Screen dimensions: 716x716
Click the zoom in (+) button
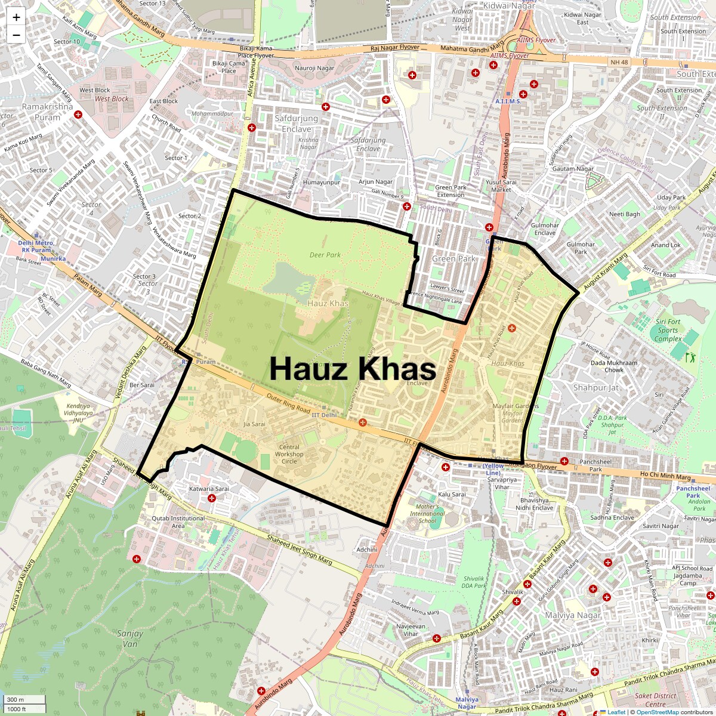(16, 17)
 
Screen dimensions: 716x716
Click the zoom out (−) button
(16, 35)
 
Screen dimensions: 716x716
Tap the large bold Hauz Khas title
(352, 369)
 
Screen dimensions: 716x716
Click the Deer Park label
(325, 255)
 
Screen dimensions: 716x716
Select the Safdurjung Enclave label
(297, 124)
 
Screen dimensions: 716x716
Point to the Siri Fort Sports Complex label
(668, 330)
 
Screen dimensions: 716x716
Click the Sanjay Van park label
(129, 638)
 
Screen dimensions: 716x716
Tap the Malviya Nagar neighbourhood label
(573, 615)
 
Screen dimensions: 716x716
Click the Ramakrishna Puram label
(47, 112)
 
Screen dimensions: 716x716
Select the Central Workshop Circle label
(289, 454)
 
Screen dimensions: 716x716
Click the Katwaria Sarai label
(209, 489)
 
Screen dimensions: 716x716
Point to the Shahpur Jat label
(595, 388)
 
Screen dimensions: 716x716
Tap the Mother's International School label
(427, 514)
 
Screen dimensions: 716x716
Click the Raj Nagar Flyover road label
(394, 48)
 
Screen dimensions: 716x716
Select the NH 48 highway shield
(619, 62)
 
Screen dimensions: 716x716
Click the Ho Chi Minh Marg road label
(665, 476)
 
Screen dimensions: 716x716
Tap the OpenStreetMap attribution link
(658, 712)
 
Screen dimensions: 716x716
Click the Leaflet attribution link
(616, 712)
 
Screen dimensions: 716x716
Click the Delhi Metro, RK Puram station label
(36, 246)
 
